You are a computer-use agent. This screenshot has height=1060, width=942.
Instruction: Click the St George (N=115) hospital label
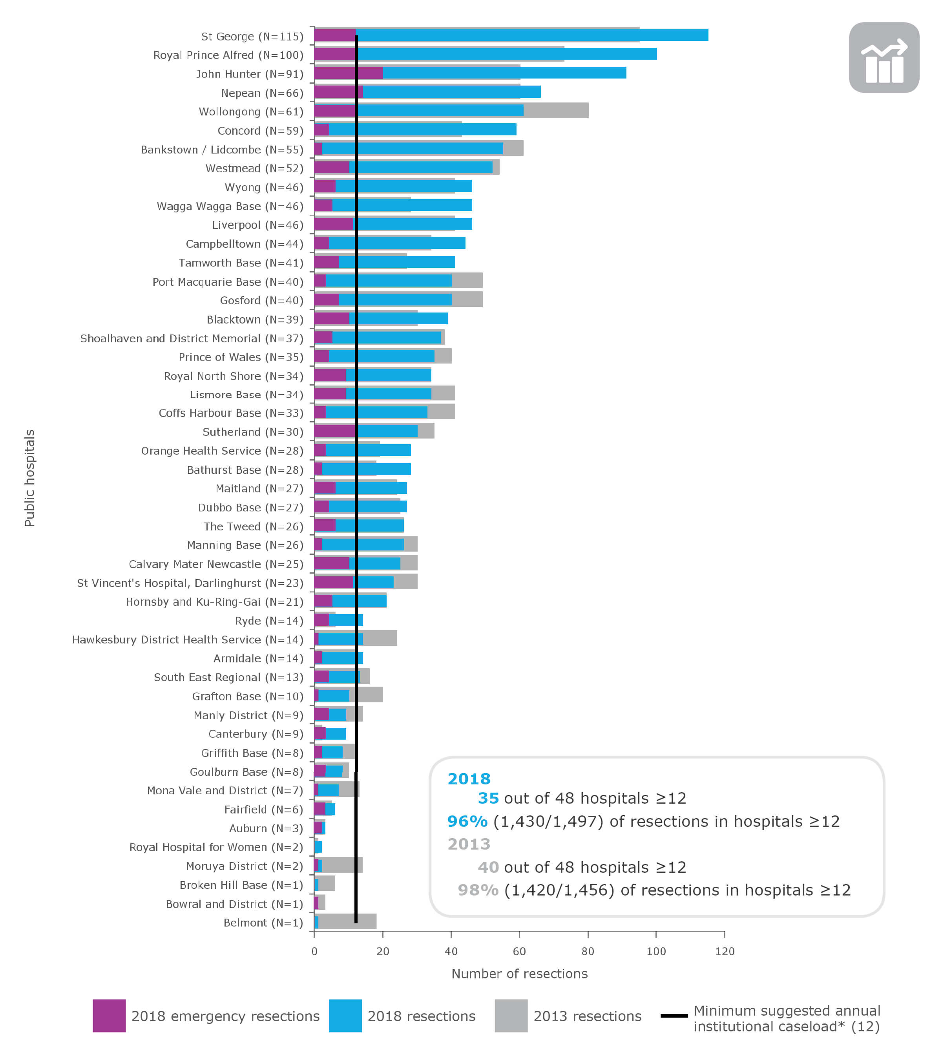point(252,36)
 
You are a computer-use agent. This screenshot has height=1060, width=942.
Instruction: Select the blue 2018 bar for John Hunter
point(503,73)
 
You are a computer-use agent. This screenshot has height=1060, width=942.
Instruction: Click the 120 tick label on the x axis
point(725,951)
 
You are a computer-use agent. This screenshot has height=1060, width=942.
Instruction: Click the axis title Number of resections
point(520,974)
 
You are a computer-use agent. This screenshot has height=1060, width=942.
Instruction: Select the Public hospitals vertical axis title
point(29,478)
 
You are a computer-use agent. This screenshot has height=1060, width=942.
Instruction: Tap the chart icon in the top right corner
point(884,58)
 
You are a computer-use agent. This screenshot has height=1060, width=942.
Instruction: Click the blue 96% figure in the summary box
point(467,821)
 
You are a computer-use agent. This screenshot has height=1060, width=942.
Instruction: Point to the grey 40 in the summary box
point(488,867)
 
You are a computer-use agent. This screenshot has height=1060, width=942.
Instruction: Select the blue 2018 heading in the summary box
point(469,779)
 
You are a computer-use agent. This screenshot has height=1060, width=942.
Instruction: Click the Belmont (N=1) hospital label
point(263,923)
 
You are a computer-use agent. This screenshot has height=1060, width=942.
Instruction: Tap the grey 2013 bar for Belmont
point(347,921)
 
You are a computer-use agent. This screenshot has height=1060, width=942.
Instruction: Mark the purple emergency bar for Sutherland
point(334,431)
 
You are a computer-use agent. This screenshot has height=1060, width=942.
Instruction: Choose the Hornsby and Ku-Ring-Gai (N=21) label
point(214,601)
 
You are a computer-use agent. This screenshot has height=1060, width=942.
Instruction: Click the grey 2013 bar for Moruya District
point(340,865)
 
